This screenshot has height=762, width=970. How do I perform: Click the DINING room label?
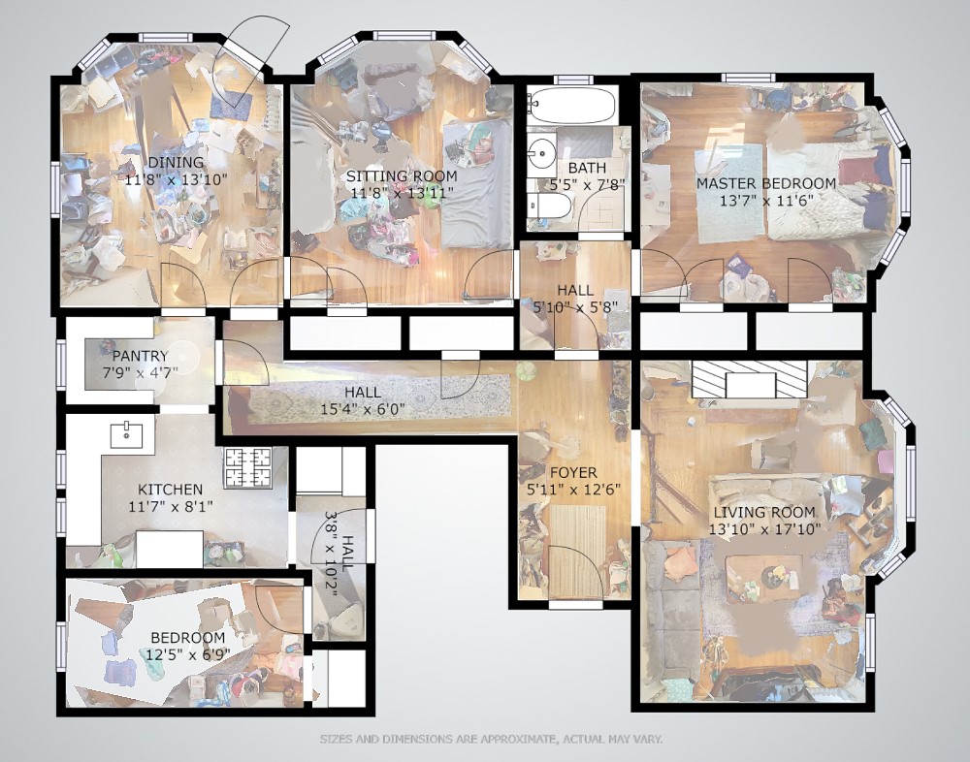coord(176,162)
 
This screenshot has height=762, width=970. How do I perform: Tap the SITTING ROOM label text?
coord(402,175)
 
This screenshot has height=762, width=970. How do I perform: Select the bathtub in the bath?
coord(572,105)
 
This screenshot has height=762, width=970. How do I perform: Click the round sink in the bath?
coord(542,151)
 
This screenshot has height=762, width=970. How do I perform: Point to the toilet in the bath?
coord(550,206)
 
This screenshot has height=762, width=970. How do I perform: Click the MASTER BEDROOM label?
coord(766,183)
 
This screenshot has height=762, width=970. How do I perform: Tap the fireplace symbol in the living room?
coord(749,379)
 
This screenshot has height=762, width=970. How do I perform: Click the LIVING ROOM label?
coord(764,512)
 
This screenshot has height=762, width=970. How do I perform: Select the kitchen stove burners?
coord(247,466)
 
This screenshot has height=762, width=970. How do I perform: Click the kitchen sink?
coord(126,435)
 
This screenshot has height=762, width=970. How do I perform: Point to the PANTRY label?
coord(140,356)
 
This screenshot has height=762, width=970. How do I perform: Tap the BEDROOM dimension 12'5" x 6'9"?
coord(188,654)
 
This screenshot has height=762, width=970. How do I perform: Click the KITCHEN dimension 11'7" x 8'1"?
coord(170,507)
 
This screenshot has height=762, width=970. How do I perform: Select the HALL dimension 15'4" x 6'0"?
coord(363,409)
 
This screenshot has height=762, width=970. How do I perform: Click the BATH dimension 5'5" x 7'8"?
coord(587,183)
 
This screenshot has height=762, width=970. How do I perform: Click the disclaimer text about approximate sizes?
coord(491,739)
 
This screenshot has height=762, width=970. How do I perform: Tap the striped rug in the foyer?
coord(577,552)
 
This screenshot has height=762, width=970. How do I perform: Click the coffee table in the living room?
coord(764,578)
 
